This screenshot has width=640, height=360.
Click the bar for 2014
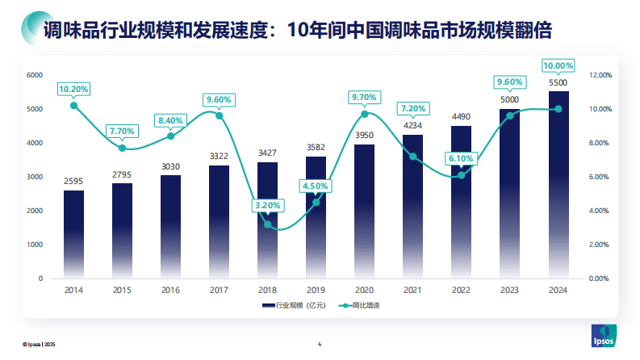point(73,234)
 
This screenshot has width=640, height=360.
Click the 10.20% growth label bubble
point(73,89)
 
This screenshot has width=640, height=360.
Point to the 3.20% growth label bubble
point(267,206)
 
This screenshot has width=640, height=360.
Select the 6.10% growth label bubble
point(461,158)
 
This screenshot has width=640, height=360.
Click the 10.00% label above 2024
point(558,65)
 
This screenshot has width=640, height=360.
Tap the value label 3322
point(219,156)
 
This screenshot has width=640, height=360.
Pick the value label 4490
point(461,116)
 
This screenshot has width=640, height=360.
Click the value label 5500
point(558,82)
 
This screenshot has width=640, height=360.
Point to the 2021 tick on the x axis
point(412,290)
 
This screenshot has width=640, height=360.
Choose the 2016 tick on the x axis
point(170,290)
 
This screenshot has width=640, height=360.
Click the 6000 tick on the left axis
point(35,75)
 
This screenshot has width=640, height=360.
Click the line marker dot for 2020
point(364,114)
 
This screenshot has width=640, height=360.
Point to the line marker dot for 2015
point(122,148)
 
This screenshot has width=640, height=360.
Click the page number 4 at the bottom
point(320,345)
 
